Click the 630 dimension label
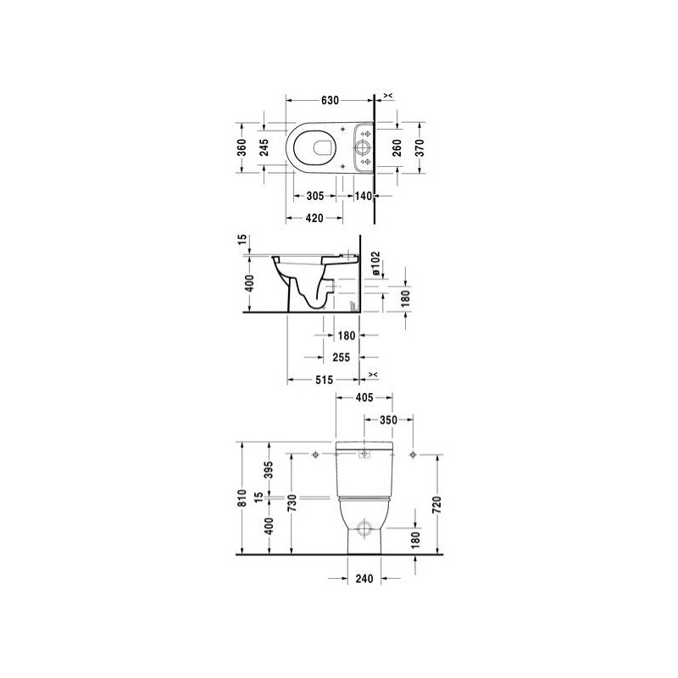330,100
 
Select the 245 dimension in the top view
264,147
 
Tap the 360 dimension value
242,147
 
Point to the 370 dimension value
420,147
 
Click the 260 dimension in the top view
397,147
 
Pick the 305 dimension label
314,196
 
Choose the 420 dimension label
314,219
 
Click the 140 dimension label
364,196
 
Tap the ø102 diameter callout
375,264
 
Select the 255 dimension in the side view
342,357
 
